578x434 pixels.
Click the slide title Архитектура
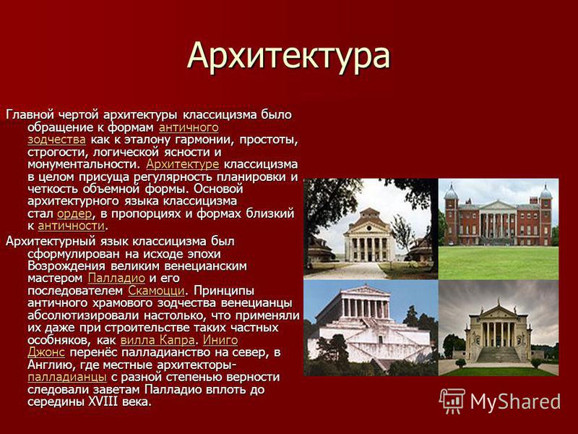coord(288,56)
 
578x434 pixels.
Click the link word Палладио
coord(116,278)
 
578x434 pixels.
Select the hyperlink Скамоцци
coord(156,291)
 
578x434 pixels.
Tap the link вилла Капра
coord(158,340)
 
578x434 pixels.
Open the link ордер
coord(74,214)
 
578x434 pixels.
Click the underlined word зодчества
coord(57,140)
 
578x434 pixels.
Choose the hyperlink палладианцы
coord(67,377)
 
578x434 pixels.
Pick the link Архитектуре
coord(183,164)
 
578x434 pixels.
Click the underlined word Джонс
coord(46,352)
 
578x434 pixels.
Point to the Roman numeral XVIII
coord(102,401)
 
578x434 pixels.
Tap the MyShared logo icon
coord(452,401)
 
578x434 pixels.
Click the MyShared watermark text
coord(515,401)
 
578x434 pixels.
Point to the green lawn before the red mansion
coord(499,263)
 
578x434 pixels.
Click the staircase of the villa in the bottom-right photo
coord(499,354)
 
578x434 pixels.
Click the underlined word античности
coord(71,226)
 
